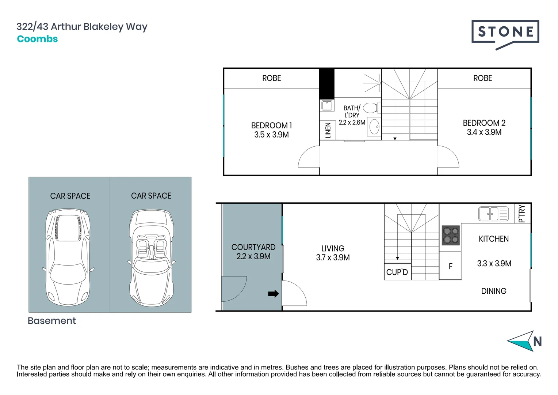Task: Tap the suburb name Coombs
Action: [37, 39]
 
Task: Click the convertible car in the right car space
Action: [151, 257]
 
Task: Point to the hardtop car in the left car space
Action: [68, 257]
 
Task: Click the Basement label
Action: [51, 321]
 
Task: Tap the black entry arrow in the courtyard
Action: [273, 293]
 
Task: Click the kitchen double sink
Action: [493, 214]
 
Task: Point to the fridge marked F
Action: [450, 266]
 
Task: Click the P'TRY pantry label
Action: [522, 214]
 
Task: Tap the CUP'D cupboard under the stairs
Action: [397, 272]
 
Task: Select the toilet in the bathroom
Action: [371, 108]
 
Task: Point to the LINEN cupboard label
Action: [328, 131]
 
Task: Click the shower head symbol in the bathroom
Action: [379, 83]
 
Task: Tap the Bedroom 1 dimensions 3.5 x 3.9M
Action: [271, 135]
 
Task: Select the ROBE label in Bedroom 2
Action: [482, 78]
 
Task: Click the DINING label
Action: [494, 291]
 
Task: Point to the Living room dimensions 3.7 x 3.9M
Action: [333, 258]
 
